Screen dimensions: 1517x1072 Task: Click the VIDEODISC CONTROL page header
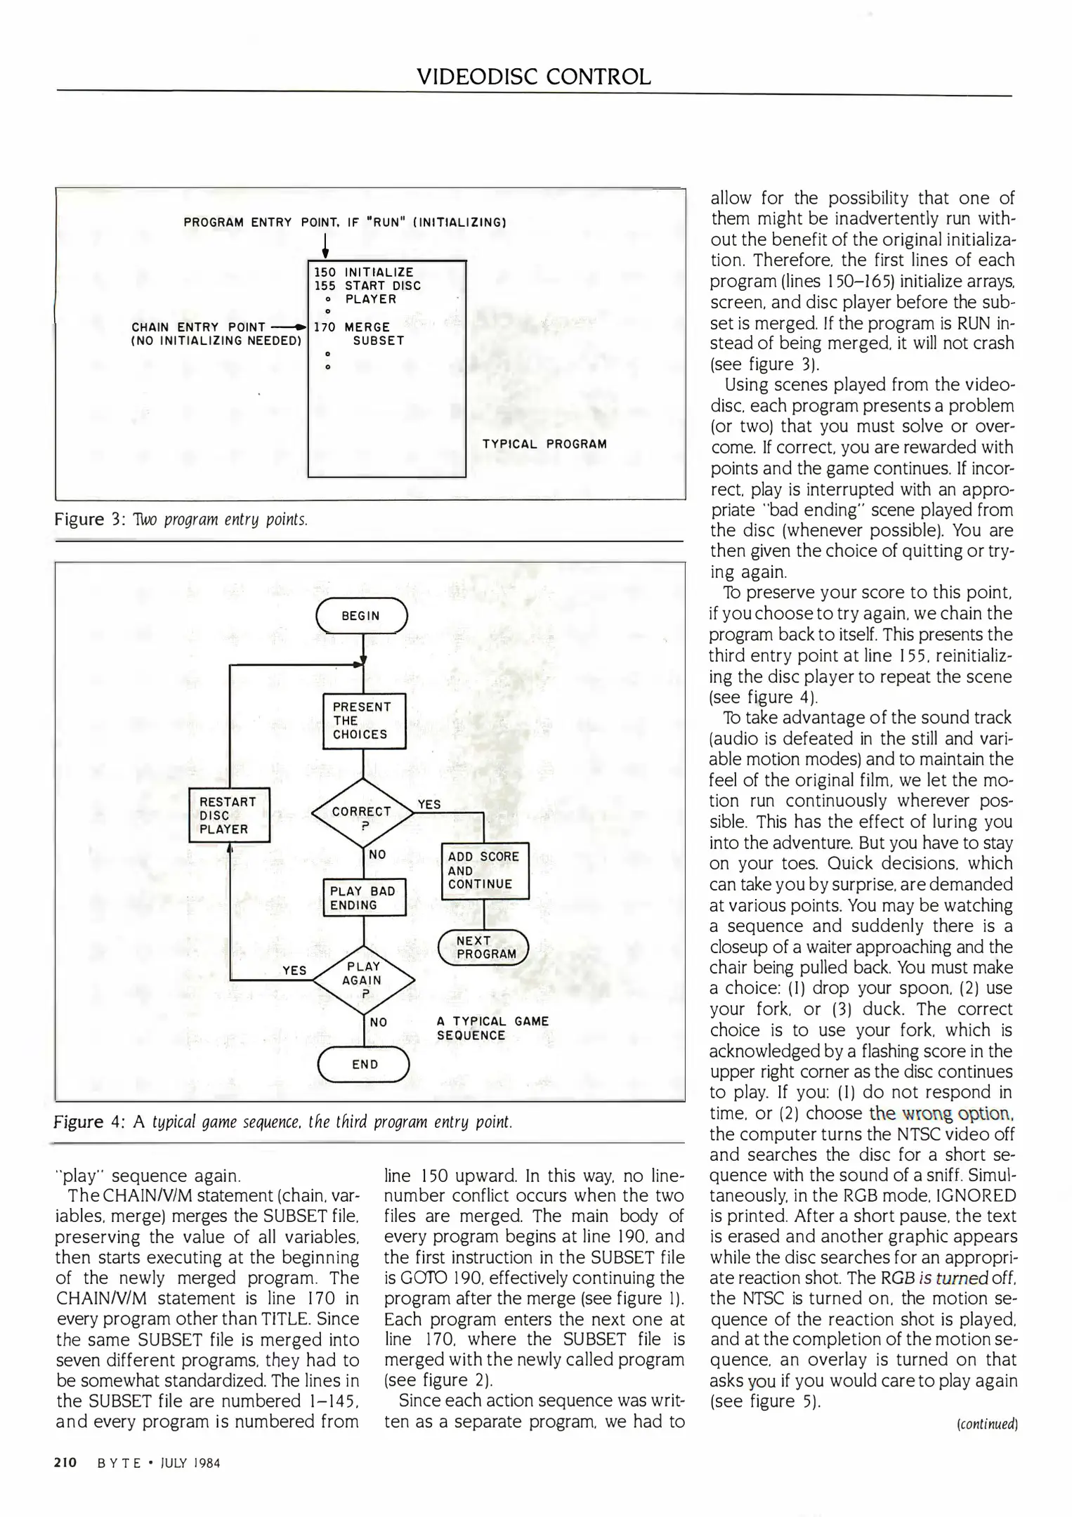tap(534, 76)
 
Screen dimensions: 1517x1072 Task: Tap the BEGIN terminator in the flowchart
tap(361, 616)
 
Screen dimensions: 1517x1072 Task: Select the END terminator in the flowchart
tap(364, 1064)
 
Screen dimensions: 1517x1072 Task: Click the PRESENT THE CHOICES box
tap(364, 721)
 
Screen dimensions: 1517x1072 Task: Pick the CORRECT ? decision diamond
tap(362, 815)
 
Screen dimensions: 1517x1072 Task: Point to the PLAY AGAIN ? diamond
tap(363, 979)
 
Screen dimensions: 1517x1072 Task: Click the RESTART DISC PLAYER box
tap(230, 815)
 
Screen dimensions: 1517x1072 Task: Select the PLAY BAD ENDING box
tap(364, 898)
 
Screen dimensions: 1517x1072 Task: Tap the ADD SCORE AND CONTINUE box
tap(484, 870)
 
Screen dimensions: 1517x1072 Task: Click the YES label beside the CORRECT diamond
tap(429, 804)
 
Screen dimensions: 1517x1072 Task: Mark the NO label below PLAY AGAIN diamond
tap(379, 1023)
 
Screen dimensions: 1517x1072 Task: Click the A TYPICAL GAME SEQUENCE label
tap(492, 1028)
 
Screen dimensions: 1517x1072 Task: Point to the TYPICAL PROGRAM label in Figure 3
tap(544, 444)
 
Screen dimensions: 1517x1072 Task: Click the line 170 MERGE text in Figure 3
tap(352, 327)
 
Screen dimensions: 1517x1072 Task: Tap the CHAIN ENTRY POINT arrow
tap(291, 327)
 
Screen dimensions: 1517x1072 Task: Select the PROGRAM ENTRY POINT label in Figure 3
tap(345, 223)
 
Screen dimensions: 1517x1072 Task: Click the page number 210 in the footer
tap(65, 1463)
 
